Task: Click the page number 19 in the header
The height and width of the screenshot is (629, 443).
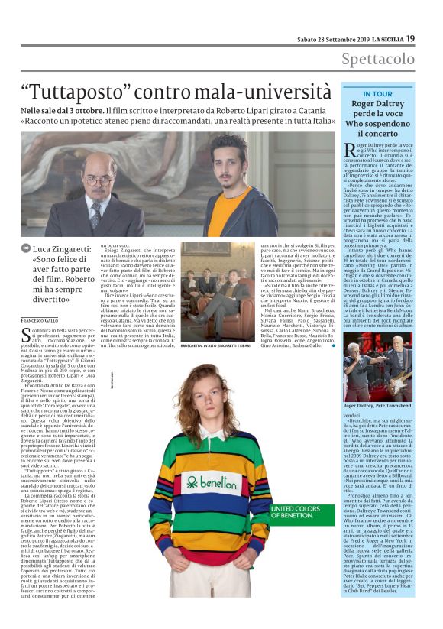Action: [x=410, y=37]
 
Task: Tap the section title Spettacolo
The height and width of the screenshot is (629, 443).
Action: [x=378, y=59]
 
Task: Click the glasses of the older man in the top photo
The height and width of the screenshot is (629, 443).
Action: [x=97, y=181]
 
